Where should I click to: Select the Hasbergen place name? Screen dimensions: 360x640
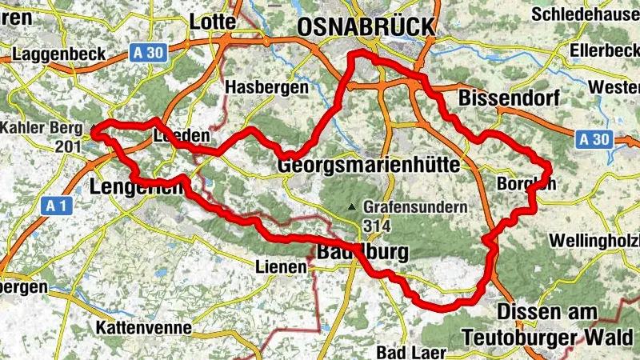coord(266,86)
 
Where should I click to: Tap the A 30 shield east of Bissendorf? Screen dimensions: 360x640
coord(594,139)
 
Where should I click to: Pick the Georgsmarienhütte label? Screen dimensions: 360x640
coord(369,166)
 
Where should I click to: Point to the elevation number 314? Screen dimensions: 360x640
coord(376,226)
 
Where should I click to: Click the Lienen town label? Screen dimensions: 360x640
coord(280,266)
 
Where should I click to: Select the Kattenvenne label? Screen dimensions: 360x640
coord(143,327)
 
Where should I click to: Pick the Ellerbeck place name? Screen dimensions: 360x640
coord(604,50)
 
